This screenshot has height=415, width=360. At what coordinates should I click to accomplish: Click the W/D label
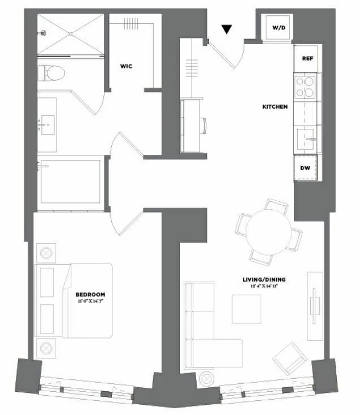pos(279,28)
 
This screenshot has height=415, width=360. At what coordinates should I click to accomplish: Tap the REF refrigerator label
pos(307,58)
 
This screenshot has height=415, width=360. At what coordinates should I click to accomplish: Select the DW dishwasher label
pos(305,168)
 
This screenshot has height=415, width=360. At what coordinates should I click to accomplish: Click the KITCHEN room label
pos(275,106)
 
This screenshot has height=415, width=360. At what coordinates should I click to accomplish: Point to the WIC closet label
pos(127,66)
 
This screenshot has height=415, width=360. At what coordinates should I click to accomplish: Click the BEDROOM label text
pos(90,295)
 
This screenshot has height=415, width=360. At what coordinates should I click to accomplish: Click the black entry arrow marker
pos(227,30)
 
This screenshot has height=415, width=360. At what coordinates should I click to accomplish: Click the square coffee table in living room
pos(246,309)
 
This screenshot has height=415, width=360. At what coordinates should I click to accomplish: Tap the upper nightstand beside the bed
pos(46,252)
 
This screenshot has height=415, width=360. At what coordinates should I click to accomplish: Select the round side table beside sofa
pos(207,377)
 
